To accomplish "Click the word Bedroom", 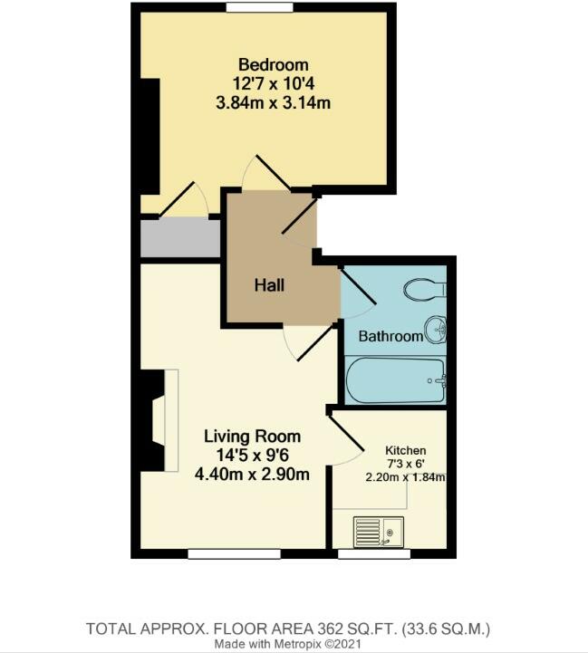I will pos(273,65).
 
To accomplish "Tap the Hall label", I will pos(269,285).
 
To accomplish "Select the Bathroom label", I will pos(390,336).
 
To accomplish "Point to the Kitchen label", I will pos(405,450).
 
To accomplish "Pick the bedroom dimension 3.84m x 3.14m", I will pos(273,101).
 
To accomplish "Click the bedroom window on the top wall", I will pos(252,8).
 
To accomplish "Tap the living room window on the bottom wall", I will pos(222,552).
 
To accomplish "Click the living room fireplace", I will pos(159,420).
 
